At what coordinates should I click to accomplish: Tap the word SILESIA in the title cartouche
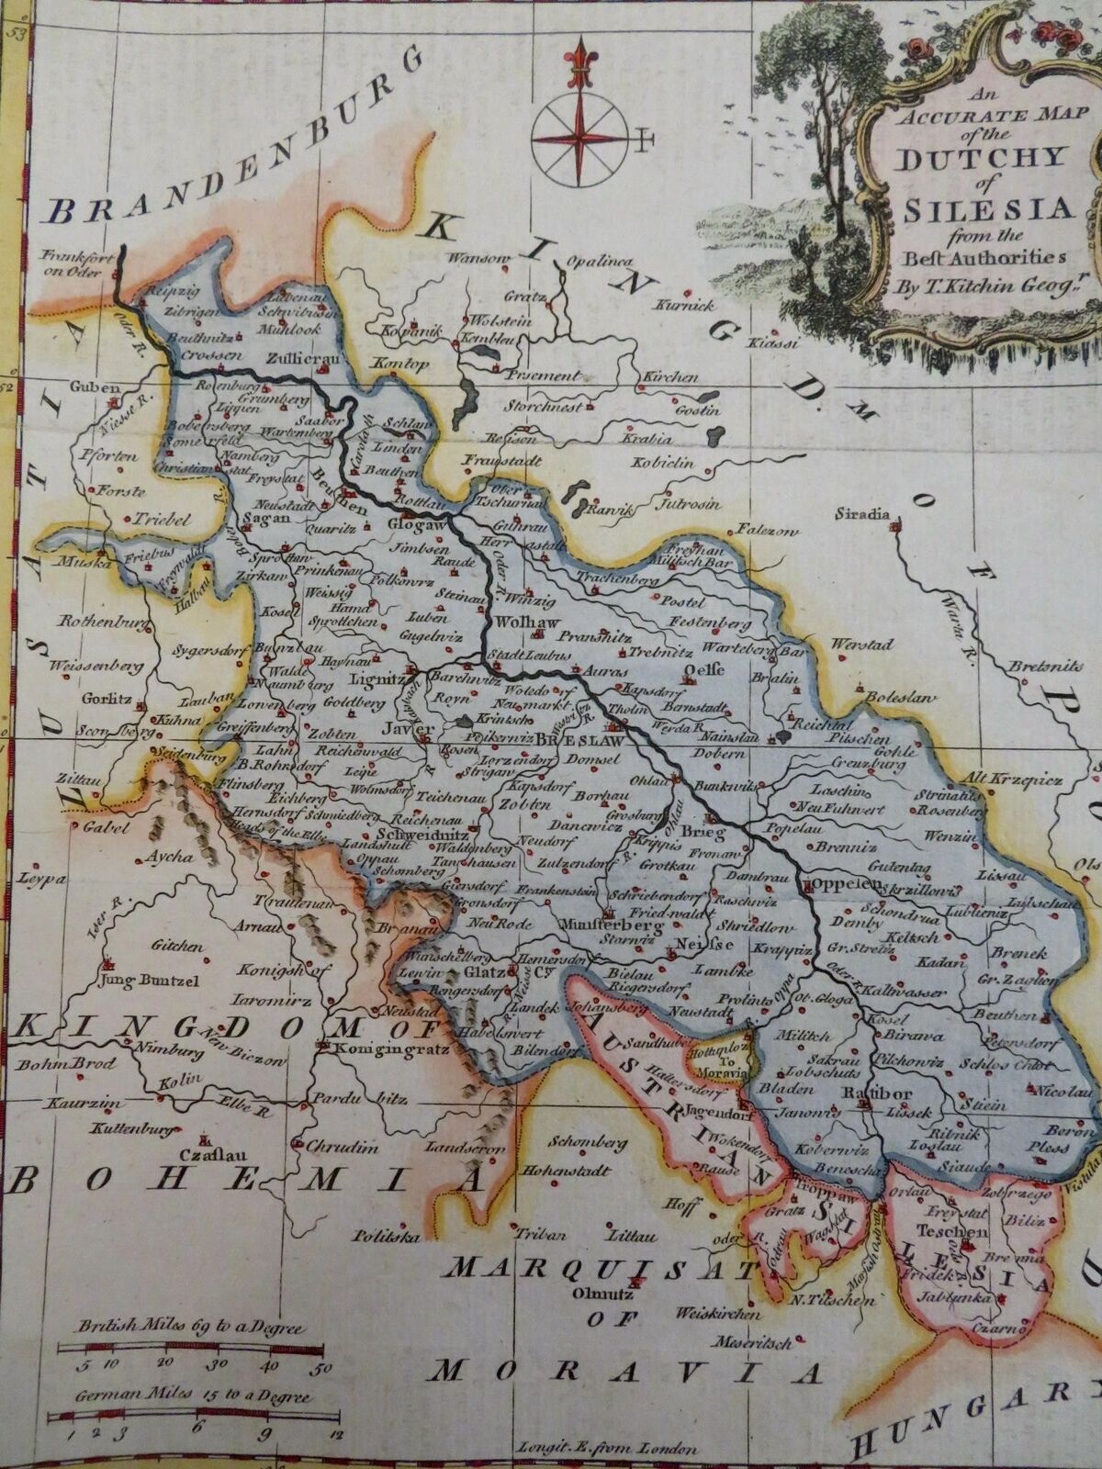pos(988,210)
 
